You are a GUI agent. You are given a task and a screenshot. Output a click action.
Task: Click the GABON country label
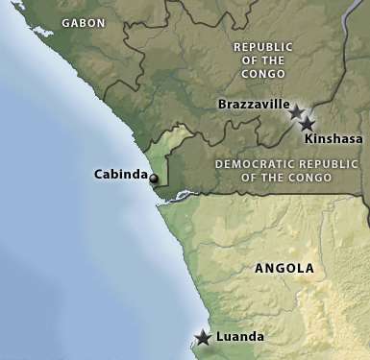[85, 22]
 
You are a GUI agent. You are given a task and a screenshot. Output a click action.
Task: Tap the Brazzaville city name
[252, 104]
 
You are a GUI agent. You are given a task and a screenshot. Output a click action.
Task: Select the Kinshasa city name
[333, 139]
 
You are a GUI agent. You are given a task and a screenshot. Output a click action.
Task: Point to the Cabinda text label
[119, 175]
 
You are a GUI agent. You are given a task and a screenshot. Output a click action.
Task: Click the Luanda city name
[240, 337]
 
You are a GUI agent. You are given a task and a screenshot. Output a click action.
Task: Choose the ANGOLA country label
[284, 268]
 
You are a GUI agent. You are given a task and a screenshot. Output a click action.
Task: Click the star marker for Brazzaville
[296, 111]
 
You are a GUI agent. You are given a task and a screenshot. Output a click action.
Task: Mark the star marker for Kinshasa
[307, 124]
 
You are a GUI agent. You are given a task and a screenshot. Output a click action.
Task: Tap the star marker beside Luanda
[203, 338]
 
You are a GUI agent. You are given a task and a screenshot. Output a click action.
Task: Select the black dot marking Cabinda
[154, 178]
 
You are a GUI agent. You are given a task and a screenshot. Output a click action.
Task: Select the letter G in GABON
[65, 22]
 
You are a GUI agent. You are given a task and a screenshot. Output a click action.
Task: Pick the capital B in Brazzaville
[223, 104]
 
